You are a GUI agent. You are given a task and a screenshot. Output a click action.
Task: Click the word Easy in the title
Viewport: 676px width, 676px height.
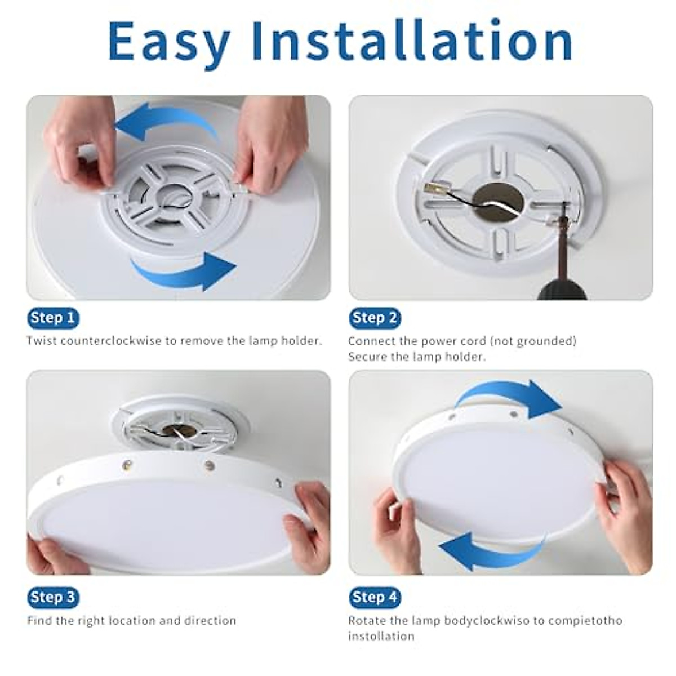(169, 42)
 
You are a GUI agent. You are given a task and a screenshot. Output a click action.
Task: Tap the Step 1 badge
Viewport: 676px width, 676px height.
(53, 318)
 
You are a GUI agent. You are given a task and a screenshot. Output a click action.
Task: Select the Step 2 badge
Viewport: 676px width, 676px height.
(375, 318)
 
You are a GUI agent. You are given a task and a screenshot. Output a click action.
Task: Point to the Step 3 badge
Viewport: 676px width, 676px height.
(53, 597)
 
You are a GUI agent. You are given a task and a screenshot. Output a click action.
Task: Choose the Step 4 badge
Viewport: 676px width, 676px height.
(375, 597)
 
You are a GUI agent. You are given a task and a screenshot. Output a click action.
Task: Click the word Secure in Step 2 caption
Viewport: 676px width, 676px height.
(367, 357)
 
